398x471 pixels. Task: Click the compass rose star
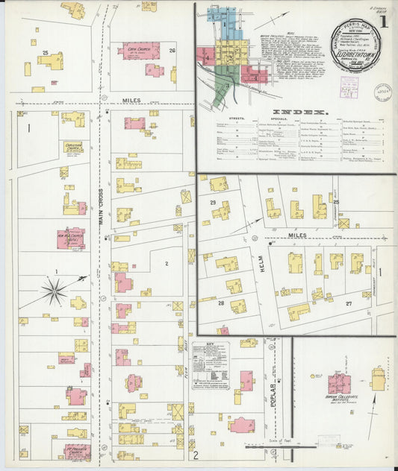tap(54, 290)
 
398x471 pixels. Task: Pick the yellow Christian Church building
tap(73, 148)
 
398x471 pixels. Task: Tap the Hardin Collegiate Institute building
tap(339, 384)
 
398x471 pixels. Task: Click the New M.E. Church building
tap(72, 238)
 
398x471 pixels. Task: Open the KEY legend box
tap(210, 366)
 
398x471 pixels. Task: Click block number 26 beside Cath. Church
tap(172, 51)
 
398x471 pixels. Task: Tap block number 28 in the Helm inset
tap(222, 303)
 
